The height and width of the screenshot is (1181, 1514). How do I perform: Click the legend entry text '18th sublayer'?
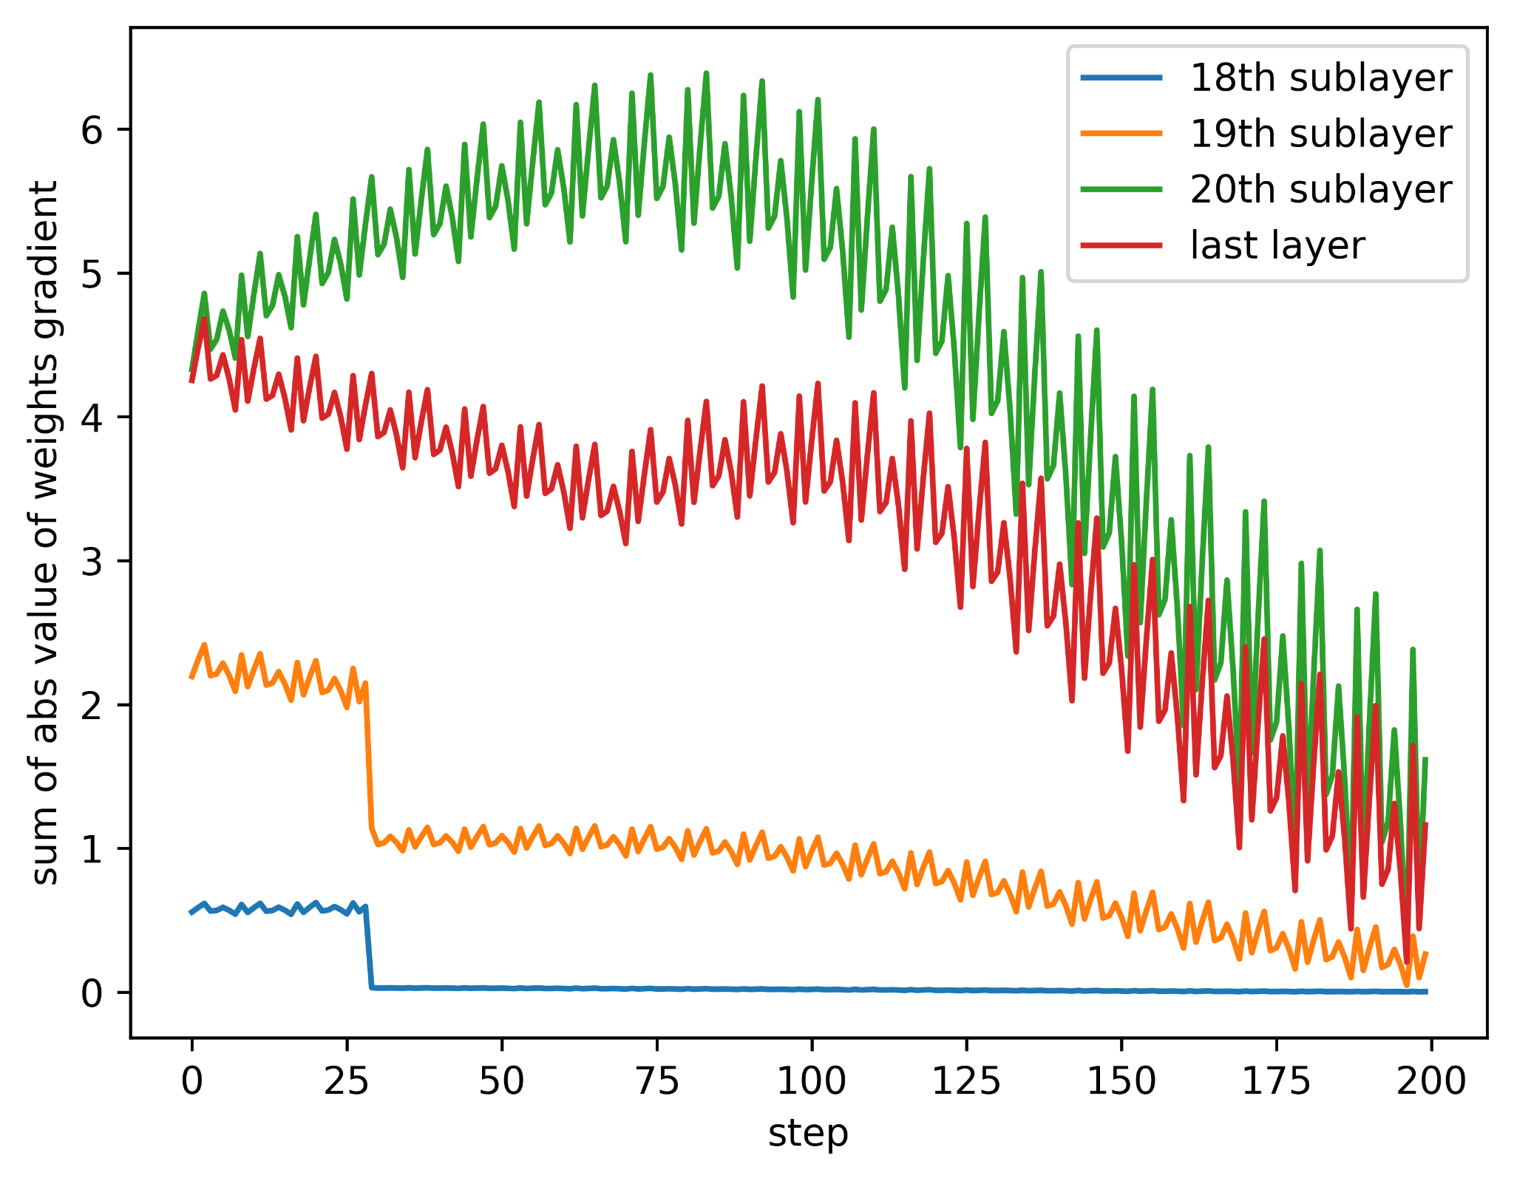(x=1320, y=78)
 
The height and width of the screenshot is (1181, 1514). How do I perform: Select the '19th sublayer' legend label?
(x=1320, y=134)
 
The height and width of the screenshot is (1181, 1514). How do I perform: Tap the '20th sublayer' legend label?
(x=1320, y=190)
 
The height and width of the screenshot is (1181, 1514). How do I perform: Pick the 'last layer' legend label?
(x=1277, y=245)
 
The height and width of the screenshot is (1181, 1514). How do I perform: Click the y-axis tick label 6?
(x=92, y=131)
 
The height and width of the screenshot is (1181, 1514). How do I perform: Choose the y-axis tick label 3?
(x=92, y=562)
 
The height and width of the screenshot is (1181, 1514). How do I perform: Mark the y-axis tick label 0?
(x=92, y=994)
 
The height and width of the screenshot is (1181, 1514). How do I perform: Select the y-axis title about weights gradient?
(x=46, y=532)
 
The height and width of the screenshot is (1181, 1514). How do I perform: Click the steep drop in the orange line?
(x=369, y=761)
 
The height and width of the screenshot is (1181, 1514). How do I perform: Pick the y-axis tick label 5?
(x=92, y=274)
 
